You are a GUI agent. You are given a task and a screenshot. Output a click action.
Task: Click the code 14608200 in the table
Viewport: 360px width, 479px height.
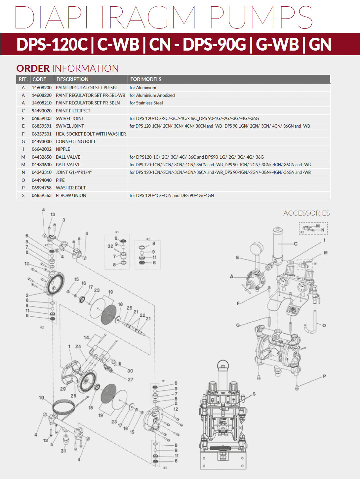pos(42,88)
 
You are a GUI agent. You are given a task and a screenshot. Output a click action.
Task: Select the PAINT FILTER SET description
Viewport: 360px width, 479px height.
pos(73,111)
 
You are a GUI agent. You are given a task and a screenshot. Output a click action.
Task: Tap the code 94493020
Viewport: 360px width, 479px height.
pos(42,111)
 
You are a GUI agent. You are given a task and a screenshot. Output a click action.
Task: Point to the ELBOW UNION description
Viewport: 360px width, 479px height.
pos(71,195)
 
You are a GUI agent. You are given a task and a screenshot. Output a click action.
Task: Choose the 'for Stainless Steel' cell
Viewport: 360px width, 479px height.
pos(146,103)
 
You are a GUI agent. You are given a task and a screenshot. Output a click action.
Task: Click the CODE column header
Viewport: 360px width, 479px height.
pos(39,79)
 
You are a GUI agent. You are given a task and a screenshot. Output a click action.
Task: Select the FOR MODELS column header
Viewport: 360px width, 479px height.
pos(146,79)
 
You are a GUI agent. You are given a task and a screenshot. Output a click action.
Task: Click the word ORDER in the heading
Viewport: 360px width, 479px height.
pos(33,68)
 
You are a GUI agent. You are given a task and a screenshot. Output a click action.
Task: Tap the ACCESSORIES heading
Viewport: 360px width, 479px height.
pos(306,213)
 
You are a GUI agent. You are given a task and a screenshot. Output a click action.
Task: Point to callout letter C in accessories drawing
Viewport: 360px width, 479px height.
pos(296,244)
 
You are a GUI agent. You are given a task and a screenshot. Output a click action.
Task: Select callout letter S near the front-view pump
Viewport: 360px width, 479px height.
pos(254,394)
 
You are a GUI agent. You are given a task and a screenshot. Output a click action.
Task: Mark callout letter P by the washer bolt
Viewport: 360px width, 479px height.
pos(324,376)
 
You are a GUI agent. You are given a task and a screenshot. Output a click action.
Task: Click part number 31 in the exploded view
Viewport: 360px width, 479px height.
pos(63,451)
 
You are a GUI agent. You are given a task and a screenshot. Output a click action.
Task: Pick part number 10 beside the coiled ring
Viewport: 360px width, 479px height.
pos(41,397)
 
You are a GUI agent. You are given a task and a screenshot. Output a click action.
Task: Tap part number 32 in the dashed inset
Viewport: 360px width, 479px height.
pos(110,246)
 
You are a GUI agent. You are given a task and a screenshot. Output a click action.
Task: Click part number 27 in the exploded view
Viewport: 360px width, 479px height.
pos(131,379)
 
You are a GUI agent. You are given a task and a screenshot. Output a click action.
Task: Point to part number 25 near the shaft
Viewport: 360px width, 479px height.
pos(129,308)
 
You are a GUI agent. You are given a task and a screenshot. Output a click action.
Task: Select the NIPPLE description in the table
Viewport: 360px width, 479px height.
pos(63,149)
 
